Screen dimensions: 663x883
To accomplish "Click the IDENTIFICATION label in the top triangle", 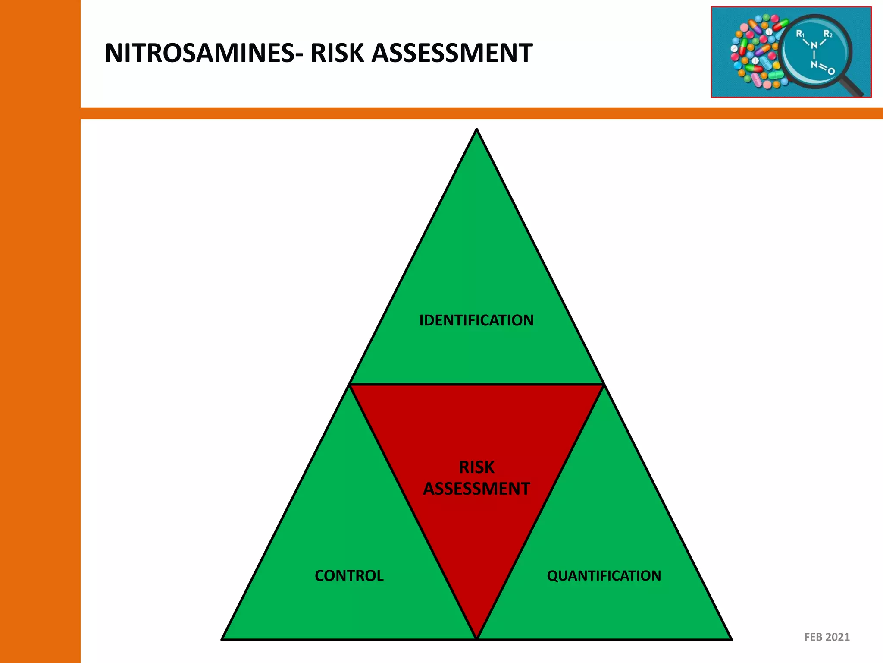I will pyautogui.click(x=476, y=320).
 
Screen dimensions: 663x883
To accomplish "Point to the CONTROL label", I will pyautogui.click(x=349, y=576).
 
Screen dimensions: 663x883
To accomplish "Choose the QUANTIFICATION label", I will pyautogui.click(x=604, y=576).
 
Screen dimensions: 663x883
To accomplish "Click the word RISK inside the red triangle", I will pyautogui.click(x=476, y=467).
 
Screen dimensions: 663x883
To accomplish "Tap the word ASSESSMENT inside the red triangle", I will pyautogui.click(x=476, y=489).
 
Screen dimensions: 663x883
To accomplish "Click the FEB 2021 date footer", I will pyautogui.click(x=827, y=637).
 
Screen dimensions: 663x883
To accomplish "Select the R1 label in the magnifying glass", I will pyautogui.click(x=800, y=34).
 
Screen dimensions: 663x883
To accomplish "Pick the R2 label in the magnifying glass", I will pyautogui.click(x=828, y=34).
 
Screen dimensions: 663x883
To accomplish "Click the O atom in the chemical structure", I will pyautogui.click(x=831, y=71).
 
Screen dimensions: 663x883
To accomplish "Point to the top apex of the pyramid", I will pyautogui.click(x=476, y=129).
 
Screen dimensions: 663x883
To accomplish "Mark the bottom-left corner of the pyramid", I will pyautogui.click(x=222, y=639).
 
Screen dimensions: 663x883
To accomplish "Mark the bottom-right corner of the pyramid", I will pyautogui.click(x=731, y=639).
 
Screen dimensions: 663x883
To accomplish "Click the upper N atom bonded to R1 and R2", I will pyautogui.click(x=814, y=45).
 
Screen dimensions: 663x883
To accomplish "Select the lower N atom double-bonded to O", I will pyautogui.click(x=814, y=65).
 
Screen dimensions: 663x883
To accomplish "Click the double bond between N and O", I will pyautogui.click(x=822, y=68).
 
